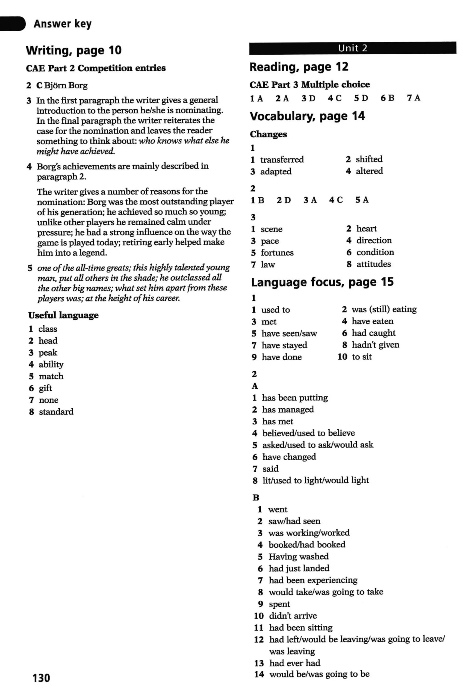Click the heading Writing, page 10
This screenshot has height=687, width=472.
tap(74, 50)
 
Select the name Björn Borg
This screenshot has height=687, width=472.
tap(66, 86)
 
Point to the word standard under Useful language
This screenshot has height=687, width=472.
tap(56, 412)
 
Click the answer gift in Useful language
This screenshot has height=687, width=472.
tap(45, 388)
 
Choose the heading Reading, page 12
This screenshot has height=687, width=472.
tap(299, 67)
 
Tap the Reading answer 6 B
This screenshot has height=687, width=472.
tap(387, 98)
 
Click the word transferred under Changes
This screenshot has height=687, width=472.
tap(282, 160)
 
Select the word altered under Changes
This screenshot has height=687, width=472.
tap(369, 171)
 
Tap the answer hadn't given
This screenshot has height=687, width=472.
tap(375, 345)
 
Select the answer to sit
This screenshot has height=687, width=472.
tap(361, 357)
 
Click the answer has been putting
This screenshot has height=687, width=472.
tap(295, 398)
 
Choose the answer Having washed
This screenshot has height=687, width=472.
tap(298, 556)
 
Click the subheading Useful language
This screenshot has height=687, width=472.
tap(63, 315)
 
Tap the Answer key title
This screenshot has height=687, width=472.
tap(62, 24)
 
